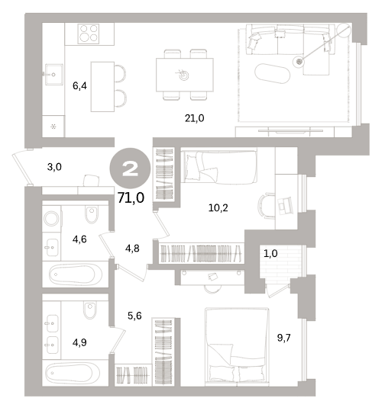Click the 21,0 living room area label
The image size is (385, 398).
[194, 118]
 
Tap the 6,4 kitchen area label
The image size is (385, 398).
[79, 86]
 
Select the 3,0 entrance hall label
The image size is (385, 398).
[54, 167]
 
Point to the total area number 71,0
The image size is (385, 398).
[131, 197]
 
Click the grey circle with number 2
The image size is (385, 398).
[130, 169]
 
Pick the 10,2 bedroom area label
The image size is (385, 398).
[218, 208]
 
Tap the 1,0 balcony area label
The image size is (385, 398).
[270, 254]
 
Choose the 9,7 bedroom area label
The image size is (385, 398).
[283, 338]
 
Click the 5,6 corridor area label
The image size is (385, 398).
[134, 316]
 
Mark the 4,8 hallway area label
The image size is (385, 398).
[132, 249]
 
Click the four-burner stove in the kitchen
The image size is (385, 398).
[89, 34]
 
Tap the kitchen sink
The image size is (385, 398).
[54, 74]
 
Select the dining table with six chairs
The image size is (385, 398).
[185, 75]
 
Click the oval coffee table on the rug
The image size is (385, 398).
[272, 73]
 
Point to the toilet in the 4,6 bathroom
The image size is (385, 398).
[92, 214]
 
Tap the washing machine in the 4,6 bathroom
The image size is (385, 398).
[51, 218]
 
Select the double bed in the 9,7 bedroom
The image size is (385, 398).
[237, 345]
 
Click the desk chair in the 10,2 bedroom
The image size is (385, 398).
[266, 206]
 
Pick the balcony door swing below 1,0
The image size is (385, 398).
[277, 290]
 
